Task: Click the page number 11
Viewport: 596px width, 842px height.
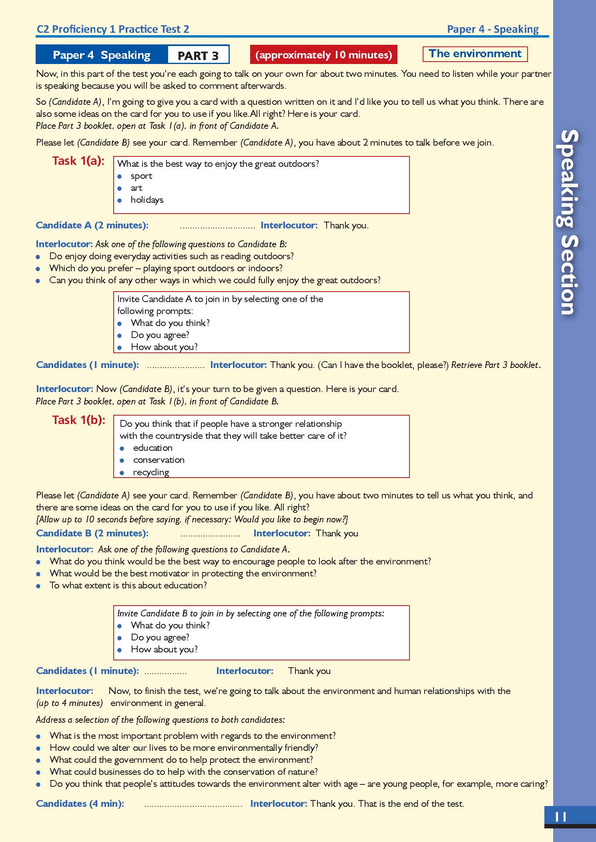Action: click(561, 816)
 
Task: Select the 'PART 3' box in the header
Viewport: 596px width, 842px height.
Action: click(198, 55)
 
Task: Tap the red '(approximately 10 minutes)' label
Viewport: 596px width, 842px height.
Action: click(323, 55)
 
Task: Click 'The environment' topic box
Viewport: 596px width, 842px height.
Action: click(475, 54)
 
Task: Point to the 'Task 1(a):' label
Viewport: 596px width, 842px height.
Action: click(78, 161)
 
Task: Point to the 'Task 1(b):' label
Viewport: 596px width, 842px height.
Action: click(79, 420)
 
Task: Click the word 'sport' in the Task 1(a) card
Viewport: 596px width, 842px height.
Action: click(141, 176)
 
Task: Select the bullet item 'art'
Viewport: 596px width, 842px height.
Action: click(136, 188)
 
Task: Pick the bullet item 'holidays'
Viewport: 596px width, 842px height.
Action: click(147, 200)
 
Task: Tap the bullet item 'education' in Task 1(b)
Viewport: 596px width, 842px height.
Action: click(153, 448)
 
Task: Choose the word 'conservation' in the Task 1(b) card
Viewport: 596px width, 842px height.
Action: click(159, 460)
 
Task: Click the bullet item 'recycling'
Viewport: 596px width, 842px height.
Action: click(151, 472)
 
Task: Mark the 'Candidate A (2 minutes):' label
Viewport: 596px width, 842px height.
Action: click(92, 225)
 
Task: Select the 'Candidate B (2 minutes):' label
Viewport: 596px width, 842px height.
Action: click(92, 533)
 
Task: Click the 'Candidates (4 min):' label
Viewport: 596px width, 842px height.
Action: click(80, 804)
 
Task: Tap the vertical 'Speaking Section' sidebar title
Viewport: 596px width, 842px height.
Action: click(568, 222)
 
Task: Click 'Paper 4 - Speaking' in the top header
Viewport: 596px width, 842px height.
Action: click(493, 29)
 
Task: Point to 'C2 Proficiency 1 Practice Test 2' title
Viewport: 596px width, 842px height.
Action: click(113, 29)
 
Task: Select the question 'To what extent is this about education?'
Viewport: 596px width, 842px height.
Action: click(128, 585)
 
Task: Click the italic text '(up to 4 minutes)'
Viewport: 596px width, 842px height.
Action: click(70, 703)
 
